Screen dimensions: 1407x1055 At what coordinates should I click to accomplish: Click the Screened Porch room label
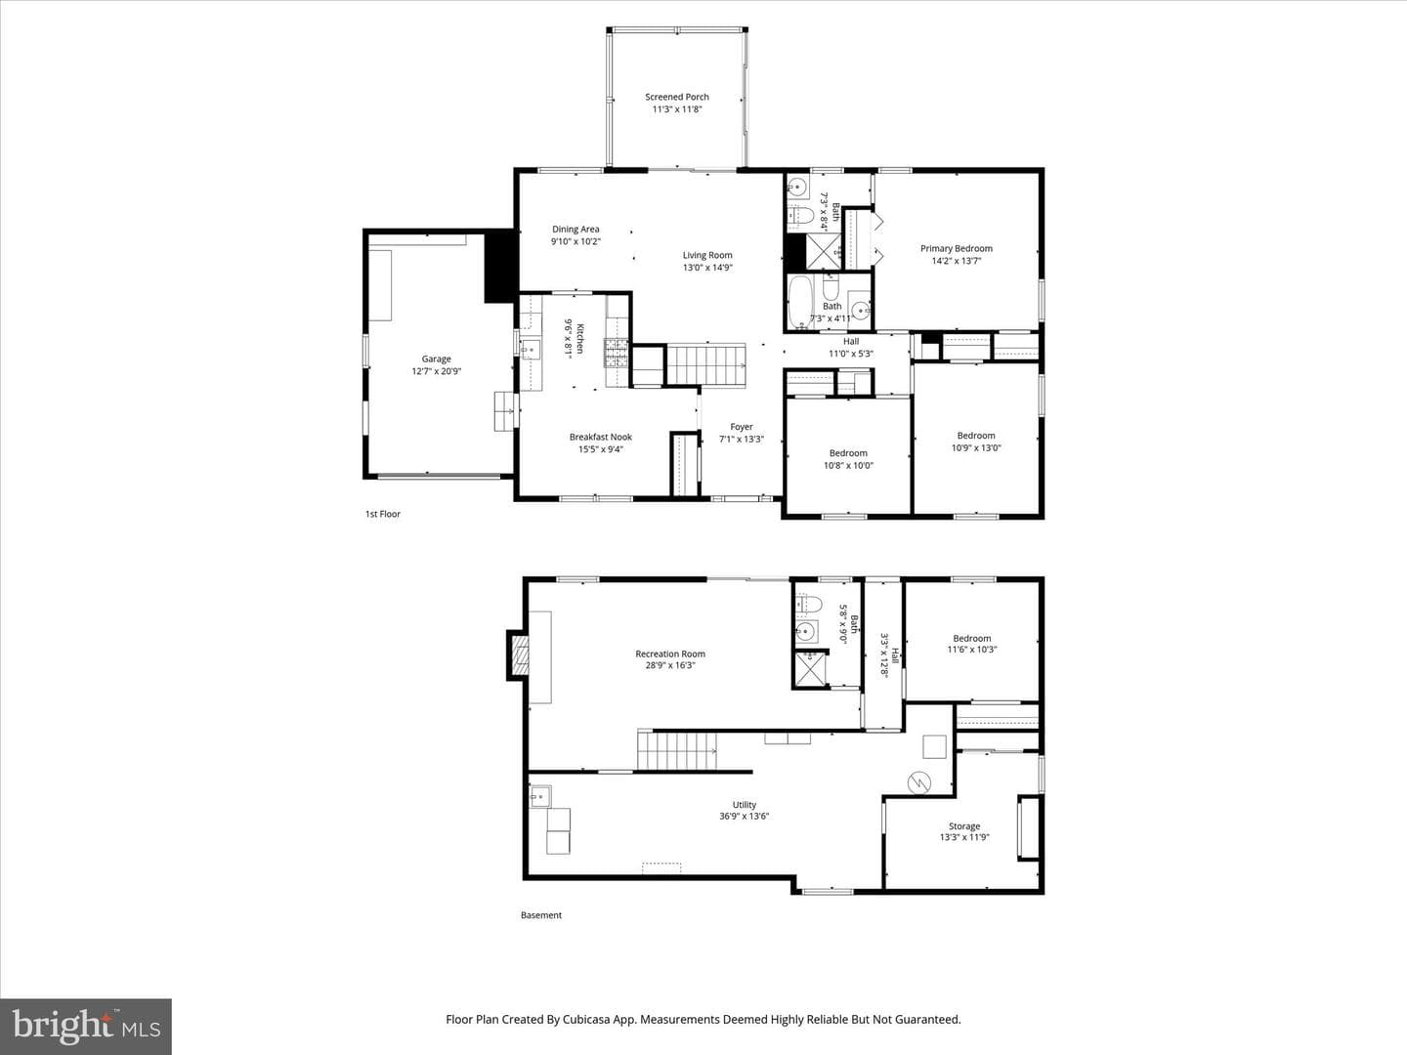click(x=677, y=97)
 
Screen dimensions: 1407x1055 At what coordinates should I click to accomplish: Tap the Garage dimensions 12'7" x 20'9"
click(x=437, y=371)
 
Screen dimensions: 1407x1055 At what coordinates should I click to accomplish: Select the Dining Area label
click(x=576, y=229)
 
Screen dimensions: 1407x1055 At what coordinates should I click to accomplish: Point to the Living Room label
click(x=707, y=255)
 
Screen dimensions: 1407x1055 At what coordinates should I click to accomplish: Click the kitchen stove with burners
click(x=616, y=353)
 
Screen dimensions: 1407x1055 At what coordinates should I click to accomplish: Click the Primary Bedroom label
click(x=957, y=248)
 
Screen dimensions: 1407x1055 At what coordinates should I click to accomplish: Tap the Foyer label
click(x=742, y=427)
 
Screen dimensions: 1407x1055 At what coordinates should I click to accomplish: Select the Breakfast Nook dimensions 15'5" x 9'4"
click(x=601, y=449)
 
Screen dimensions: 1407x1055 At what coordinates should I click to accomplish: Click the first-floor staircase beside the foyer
click(x=706, y=364)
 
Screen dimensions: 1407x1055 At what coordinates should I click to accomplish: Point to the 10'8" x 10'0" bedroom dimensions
click(x=848, y=466)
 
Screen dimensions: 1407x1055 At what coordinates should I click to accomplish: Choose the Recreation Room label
click(x=670, y=654)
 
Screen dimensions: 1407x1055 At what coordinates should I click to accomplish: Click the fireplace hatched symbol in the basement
click(x=520, y=655)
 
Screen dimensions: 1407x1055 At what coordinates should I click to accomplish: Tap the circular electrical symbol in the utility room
click(x=918, y=782)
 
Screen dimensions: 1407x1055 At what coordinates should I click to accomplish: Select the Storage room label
click(x=964, y=826)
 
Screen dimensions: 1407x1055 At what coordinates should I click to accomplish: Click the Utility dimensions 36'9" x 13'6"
click(x=745, y=816)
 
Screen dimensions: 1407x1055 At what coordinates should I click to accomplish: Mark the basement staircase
click(x=677, y=751)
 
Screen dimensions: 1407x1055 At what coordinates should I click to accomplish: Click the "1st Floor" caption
click(x=383, y=514)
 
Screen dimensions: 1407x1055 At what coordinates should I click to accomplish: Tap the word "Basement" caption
click(x=541, y=915)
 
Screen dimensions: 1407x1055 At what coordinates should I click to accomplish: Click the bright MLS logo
click(x=86, y=1027)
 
